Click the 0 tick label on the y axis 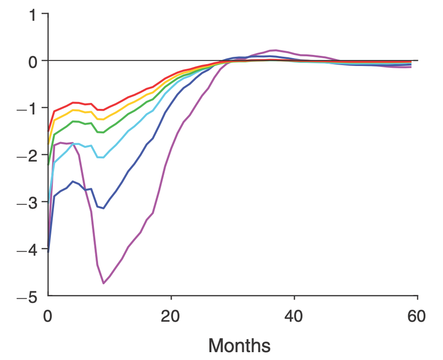(33, 61)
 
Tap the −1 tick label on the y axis (29, 109)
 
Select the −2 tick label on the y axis (29, 156)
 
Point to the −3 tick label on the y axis (29, 203)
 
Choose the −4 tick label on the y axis (29, 250)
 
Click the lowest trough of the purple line (103, 283)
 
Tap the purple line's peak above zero (276, 50)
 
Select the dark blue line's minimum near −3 (103, 208)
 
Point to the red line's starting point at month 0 (48, 132)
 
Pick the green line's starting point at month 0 (48, 164)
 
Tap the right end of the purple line (411, 67)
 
